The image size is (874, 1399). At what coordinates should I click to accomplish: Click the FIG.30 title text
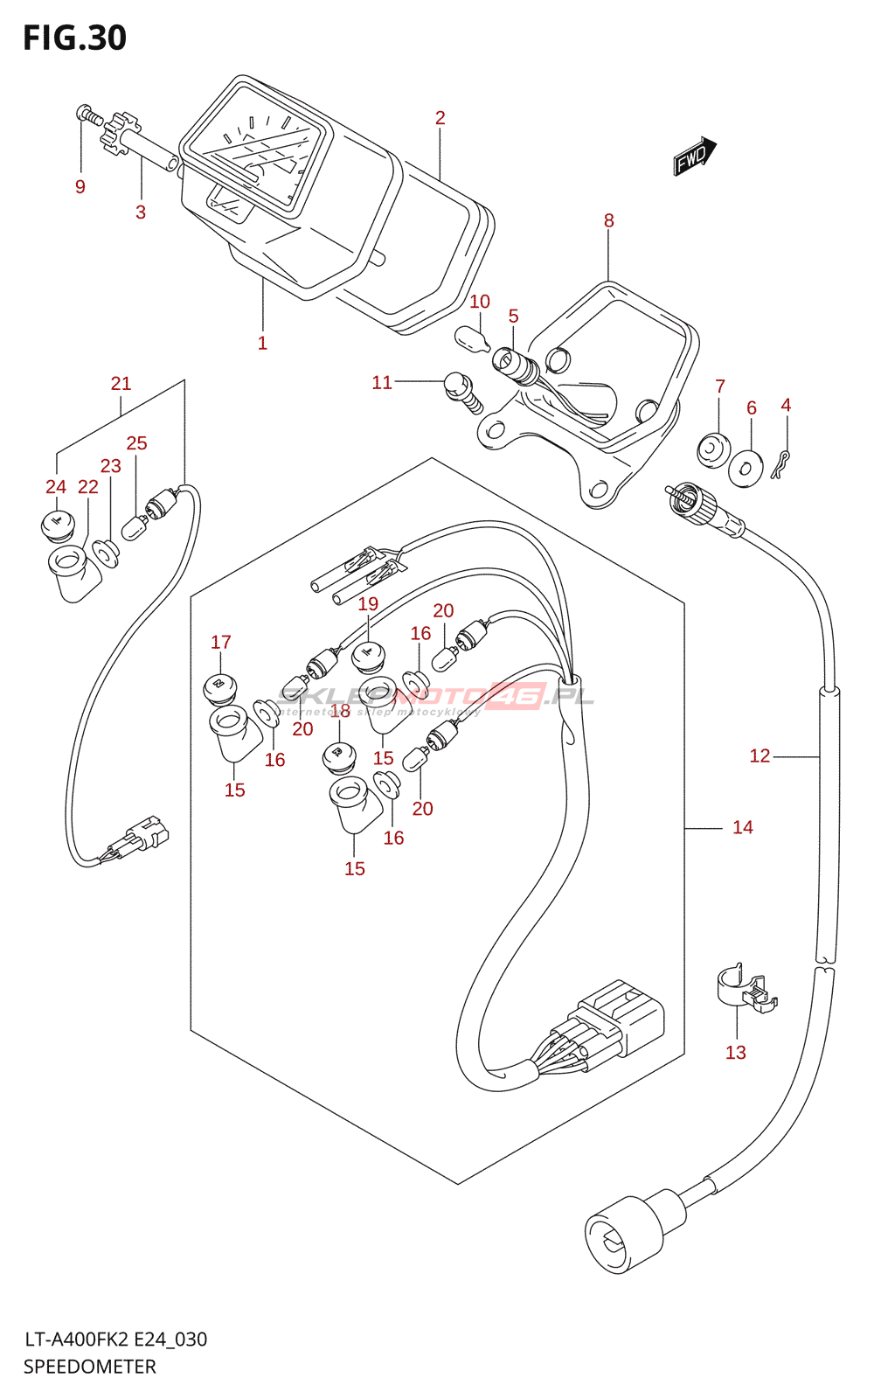pyautogui.click(x=74, y=38)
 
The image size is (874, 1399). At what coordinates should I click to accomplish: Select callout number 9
pyautogui.click(x=80, y=186)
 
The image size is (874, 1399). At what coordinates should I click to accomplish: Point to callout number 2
pyautogui.click(x=440, y=117)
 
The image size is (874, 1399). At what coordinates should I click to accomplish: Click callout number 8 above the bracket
pyautogui.click(x=609, y=220)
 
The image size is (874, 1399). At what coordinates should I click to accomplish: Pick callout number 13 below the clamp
pyautogui.click(x=736, y=1052)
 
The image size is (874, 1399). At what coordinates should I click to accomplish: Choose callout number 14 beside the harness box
pyautogui.click(x=742, y=826)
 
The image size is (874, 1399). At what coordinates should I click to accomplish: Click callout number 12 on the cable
pyautogui.click(x=760, y=755)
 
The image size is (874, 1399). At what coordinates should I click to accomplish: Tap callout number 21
pyautogui.click(x=121, y=383)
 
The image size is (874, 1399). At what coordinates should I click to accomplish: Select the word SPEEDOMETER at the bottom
pyautogui.click(x=89, y=1367)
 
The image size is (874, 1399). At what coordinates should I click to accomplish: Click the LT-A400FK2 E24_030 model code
pyautogui.click(x=115, y=1339)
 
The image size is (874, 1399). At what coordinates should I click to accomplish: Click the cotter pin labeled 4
pyautogui.click(x=782, y=463)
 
